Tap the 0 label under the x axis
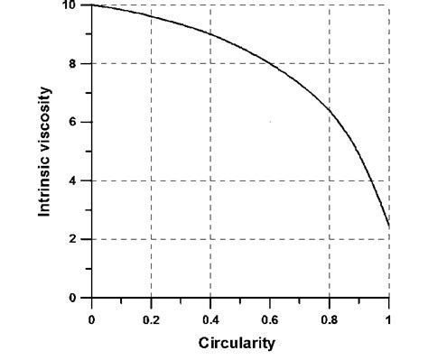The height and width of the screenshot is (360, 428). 91,318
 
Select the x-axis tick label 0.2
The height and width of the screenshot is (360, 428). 151,318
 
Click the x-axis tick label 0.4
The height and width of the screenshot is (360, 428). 210,318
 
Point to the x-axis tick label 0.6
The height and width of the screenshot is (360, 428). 270,318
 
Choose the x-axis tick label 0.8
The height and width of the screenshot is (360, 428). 330,318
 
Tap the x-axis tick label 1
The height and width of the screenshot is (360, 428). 389,318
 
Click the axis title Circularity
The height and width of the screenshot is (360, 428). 239,343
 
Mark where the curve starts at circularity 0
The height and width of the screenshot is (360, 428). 91,5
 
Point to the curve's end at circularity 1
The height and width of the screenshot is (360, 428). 389,226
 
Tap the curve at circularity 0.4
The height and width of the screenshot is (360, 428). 210,34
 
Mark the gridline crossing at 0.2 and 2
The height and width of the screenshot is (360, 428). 151,239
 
